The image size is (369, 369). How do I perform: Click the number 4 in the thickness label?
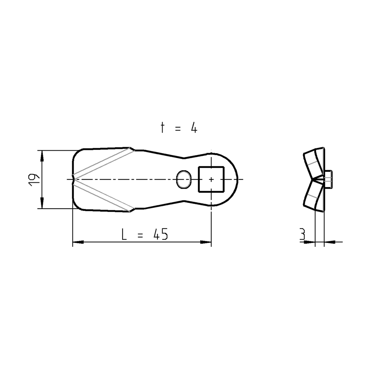point(194,128)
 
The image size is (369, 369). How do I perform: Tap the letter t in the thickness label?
point(163,128)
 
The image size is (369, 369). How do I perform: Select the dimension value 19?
point(34,179)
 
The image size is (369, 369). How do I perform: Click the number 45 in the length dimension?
point(160,235)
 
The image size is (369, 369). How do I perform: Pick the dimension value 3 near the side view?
point(302,234)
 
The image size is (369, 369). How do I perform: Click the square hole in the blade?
point(211,179)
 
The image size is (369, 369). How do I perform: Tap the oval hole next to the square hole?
point(184,179)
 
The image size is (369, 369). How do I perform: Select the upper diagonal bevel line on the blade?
point(103,163)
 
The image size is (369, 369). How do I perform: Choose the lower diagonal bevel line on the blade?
point(103,196)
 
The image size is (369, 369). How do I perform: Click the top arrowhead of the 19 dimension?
point(42,155)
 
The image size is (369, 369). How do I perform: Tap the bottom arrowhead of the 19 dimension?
point(42,203)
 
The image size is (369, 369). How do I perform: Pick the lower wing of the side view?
point(314,196)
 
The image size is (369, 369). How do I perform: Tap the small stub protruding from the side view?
point(329,179)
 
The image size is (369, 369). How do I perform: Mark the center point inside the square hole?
point(211,179)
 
